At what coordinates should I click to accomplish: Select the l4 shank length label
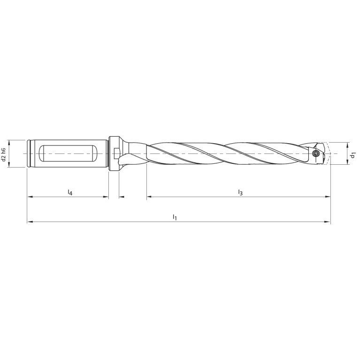pos(69,193)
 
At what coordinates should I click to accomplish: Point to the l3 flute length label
pos(240,192)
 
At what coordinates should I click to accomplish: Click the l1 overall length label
pos(175,217)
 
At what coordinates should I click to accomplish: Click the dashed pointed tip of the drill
pos(328,153)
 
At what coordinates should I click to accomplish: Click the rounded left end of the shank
pos(30,153)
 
